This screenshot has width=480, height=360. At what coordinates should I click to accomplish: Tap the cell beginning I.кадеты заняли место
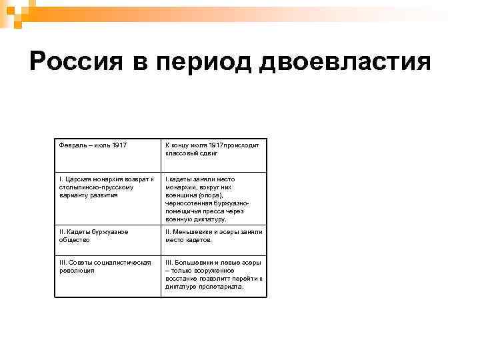pyautogui.click(x=213, y=199)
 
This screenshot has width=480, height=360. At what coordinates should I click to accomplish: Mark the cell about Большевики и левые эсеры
pyautogui.click(x=213, y=275)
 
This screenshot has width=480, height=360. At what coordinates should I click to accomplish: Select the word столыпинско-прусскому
pyautogui.click(x=88, y=187)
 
